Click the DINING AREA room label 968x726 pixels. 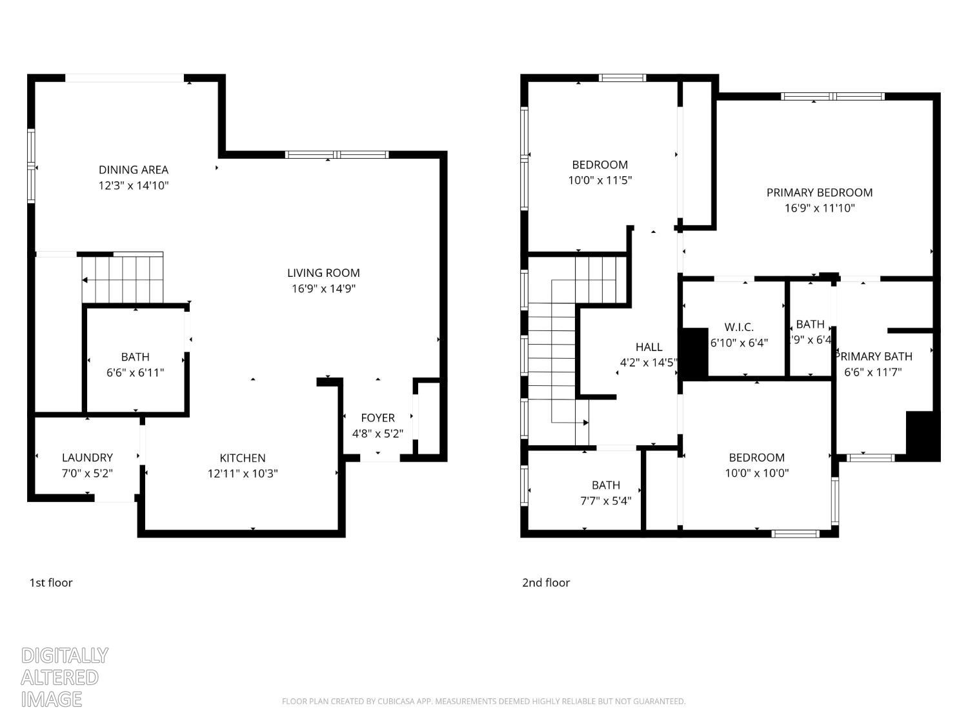[x=134, y=170]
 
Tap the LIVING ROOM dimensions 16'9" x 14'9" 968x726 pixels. [x=323, y=288]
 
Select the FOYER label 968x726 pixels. [x=378, y=418]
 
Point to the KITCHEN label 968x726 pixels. [x=243, y=458]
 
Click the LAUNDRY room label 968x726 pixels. [x=87, y=458]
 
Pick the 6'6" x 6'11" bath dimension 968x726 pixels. [x=136, y=372]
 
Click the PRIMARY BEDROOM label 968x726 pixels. [x=820, y=192]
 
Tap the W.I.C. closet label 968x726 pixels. [x=739, y=327]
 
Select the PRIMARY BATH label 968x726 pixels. [x=874, y=356]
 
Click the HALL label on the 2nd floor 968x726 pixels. [x=649, y=347]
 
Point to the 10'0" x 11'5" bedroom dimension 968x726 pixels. [x=600, y=180]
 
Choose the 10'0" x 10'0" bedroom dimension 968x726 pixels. [x=757, y=473]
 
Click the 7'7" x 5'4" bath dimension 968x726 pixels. [x=605, y=501]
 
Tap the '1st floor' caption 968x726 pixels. [x=51, y=583]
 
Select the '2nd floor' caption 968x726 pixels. [x=546, y=583]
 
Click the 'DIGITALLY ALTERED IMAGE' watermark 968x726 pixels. [x=65, y=677]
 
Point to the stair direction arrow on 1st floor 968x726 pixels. [x=86, y=280]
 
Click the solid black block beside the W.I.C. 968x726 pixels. [x=695, y=353]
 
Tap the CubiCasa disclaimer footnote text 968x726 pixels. [x=483, y=701]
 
